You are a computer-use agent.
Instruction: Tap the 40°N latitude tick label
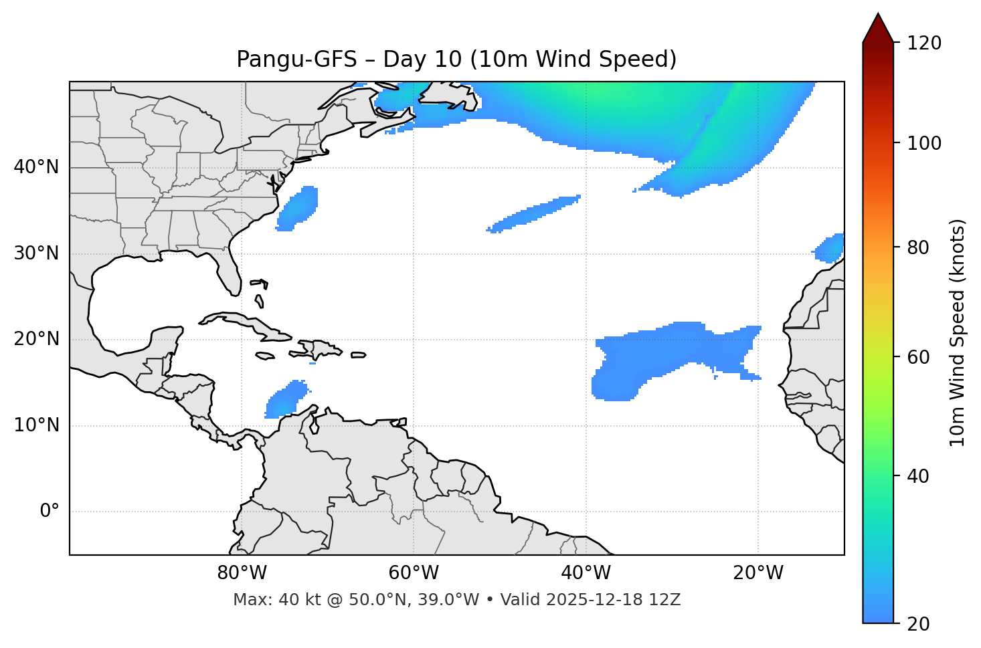click(36, 167)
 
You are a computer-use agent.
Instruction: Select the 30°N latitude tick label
click(36, 253)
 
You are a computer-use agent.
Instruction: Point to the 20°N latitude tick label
click(36, 340)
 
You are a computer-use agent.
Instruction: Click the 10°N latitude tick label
click(36, 425)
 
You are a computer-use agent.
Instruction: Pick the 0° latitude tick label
click(50, 512)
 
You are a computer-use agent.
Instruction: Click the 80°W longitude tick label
click(242, 573)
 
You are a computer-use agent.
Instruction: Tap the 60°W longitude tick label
click(414, 573)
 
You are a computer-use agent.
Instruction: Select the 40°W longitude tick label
click(586, 573)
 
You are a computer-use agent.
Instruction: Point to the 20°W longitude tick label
click(757, 573)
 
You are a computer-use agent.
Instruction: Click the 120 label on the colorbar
click(925, 43)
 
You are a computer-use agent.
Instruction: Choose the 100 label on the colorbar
click(925, 143)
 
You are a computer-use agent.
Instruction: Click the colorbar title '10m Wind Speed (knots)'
click(958, 332)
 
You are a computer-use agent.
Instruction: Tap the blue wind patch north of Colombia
click(286, 399)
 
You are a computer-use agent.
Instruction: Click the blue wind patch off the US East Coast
click(298, 208)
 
